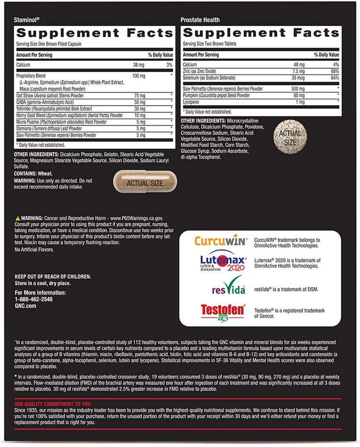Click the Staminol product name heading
tap(28, 20)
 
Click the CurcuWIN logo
tap(210, 242)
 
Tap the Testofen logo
tap(210, 311)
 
